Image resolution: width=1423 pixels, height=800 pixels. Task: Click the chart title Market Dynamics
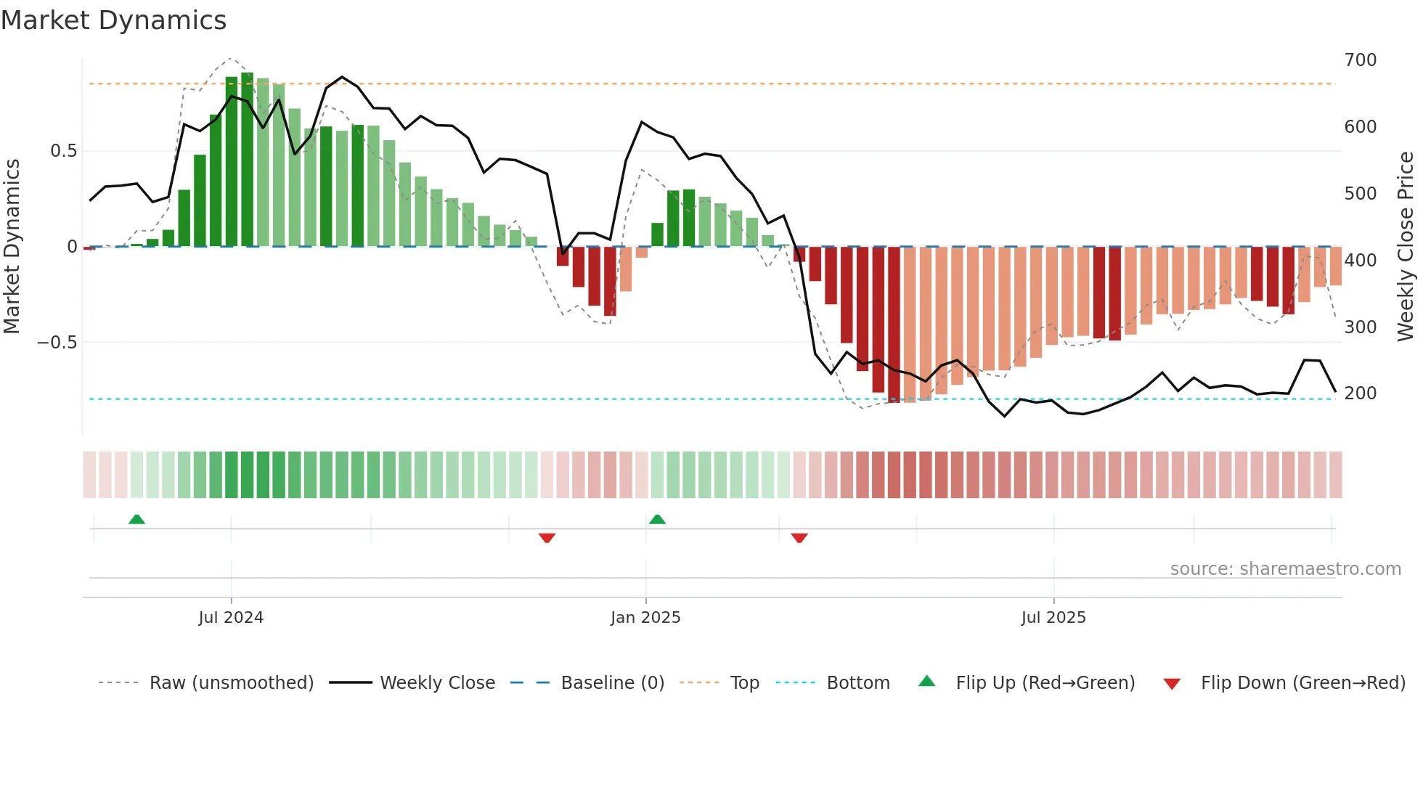[x=113, y=20]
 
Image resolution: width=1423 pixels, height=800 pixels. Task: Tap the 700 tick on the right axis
[x=1360, y=60]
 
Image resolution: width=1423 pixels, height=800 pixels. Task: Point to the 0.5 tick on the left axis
[x=63, y=151]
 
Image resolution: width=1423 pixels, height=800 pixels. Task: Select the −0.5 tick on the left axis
[x=57, y=343]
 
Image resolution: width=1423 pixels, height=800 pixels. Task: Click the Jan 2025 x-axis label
[x=645, y=618]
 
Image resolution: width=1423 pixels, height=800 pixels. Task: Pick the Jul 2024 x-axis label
[x=231, y=618]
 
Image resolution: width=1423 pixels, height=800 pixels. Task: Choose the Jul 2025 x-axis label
[x=1053, y=618]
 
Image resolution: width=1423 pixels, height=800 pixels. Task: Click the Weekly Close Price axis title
[x=1406, y=247]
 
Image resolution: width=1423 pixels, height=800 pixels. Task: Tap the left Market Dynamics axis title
[x=12, y=247]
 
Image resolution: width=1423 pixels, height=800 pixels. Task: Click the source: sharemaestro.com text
[x=1285, y=569]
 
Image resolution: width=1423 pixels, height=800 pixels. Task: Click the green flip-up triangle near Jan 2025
[x=657, y=519]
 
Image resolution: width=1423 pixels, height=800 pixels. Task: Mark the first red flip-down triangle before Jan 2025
[x=547, y=538]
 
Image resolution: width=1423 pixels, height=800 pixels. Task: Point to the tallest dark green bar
[x=248, y=160]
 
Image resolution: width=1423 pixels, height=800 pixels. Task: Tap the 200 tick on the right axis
[x=1360, y=393]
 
